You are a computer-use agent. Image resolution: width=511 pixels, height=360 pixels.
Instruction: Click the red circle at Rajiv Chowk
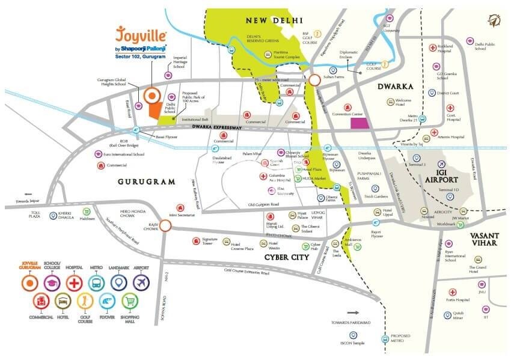click(166, 226)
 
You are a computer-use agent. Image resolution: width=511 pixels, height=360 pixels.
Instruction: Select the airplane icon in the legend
click(141, 281)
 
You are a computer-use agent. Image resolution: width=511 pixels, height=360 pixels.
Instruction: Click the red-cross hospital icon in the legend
click(73, 281)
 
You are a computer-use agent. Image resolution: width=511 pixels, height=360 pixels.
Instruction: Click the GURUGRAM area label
click(146, 181)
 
